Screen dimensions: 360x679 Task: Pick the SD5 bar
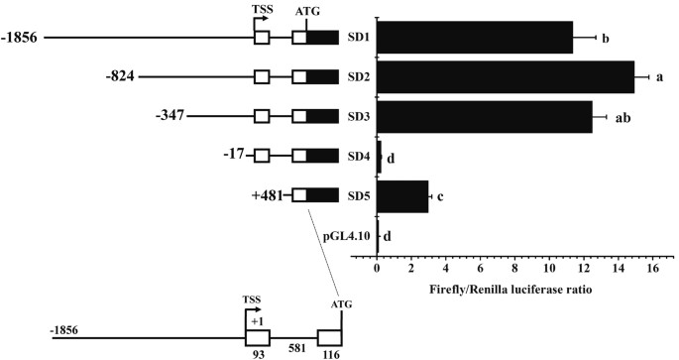click(402, 195)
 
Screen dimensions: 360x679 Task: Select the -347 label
click(170, 116)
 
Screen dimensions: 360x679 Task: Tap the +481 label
click(270, 195)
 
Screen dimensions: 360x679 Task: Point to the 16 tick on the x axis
click(652, 269)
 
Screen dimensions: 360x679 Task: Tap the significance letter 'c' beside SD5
click(440, 196)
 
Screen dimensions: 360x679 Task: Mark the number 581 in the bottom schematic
click(292, 349)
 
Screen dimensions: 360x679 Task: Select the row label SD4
click(359, 156)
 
